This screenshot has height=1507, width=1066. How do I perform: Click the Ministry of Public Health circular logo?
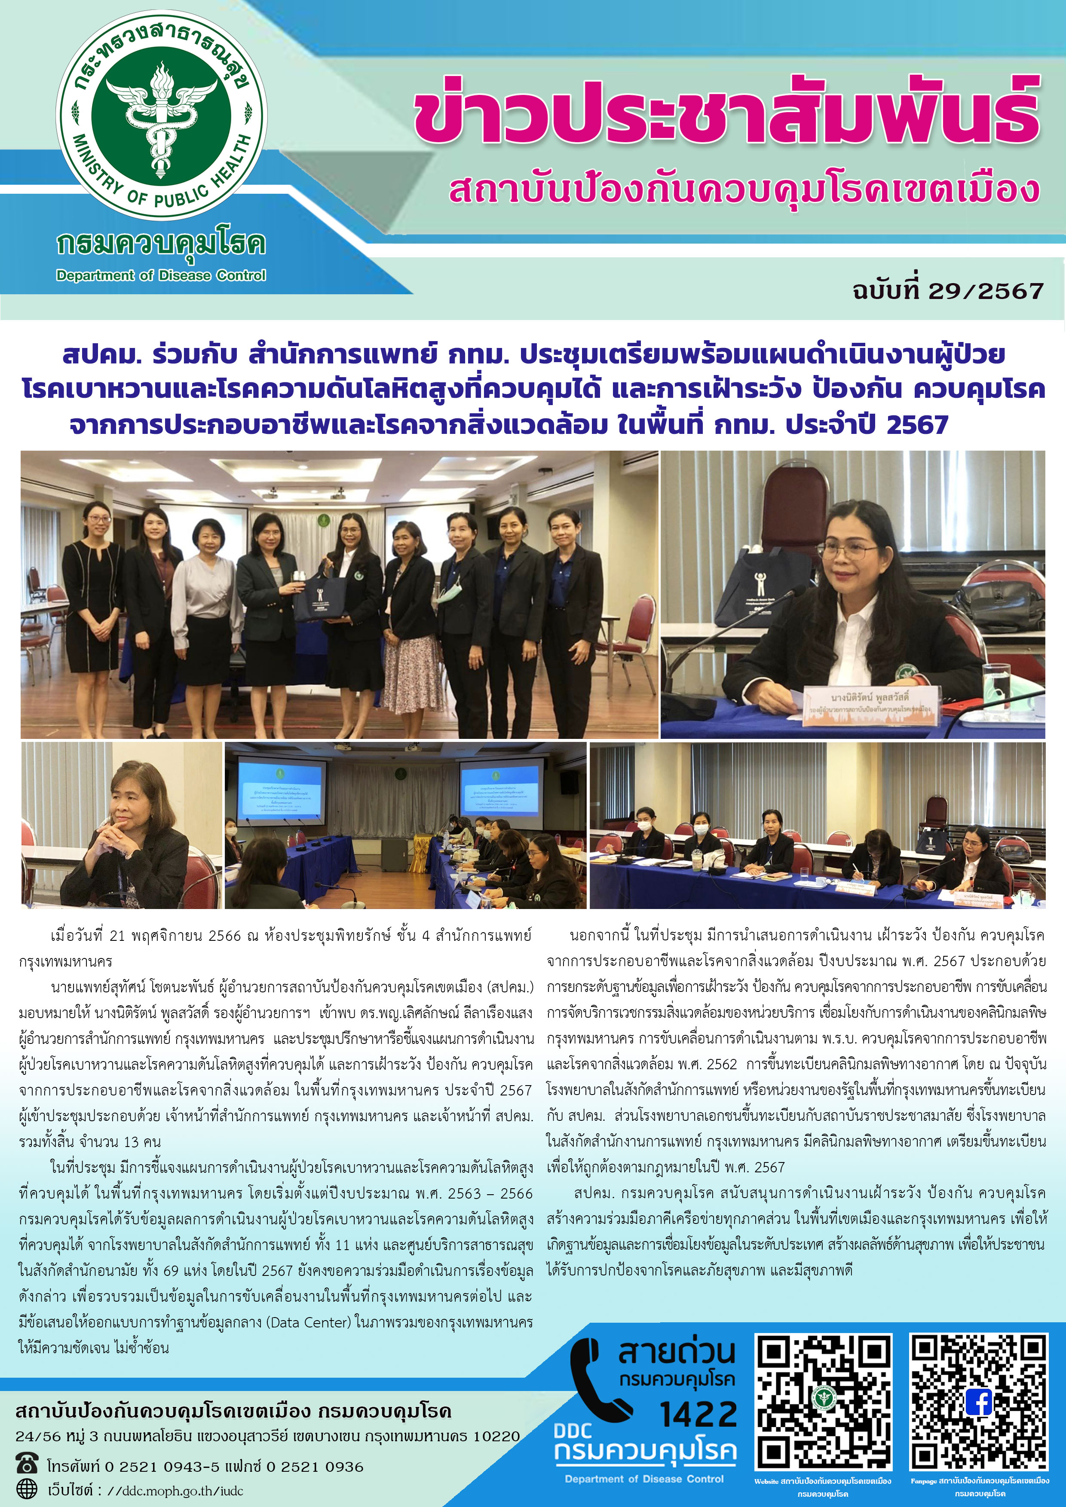[x=162, y=116]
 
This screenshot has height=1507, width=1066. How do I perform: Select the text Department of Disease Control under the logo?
[x=161, y=276]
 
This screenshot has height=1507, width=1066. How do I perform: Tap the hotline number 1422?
[x=698, y=1415]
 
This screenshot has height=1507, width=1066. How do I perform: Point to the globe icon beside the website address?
[x=27, y=1489]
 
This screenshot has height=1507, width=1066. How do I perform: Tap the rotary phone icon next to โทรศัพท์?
[x=27, y=1464]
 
